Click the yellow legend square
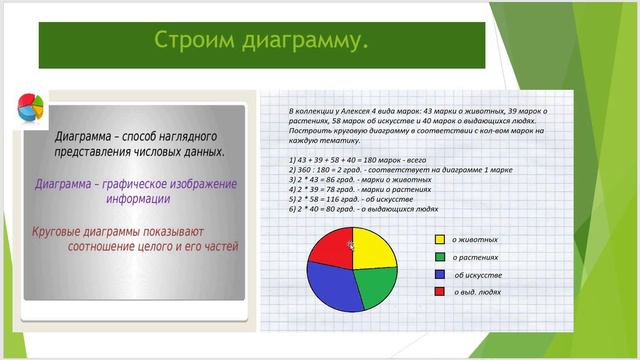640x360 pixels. coord(439,240)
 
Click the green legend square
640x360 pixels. coord(439,257)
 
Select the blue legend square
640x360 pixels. coord(439,274)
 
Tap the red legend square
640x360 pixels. coord(439,291)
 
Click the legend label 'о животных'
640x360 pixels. coord(475,240)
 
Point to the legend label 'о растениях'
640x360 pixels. coord(475,257)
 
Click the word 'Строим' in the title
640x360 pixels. coord(192,41)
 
